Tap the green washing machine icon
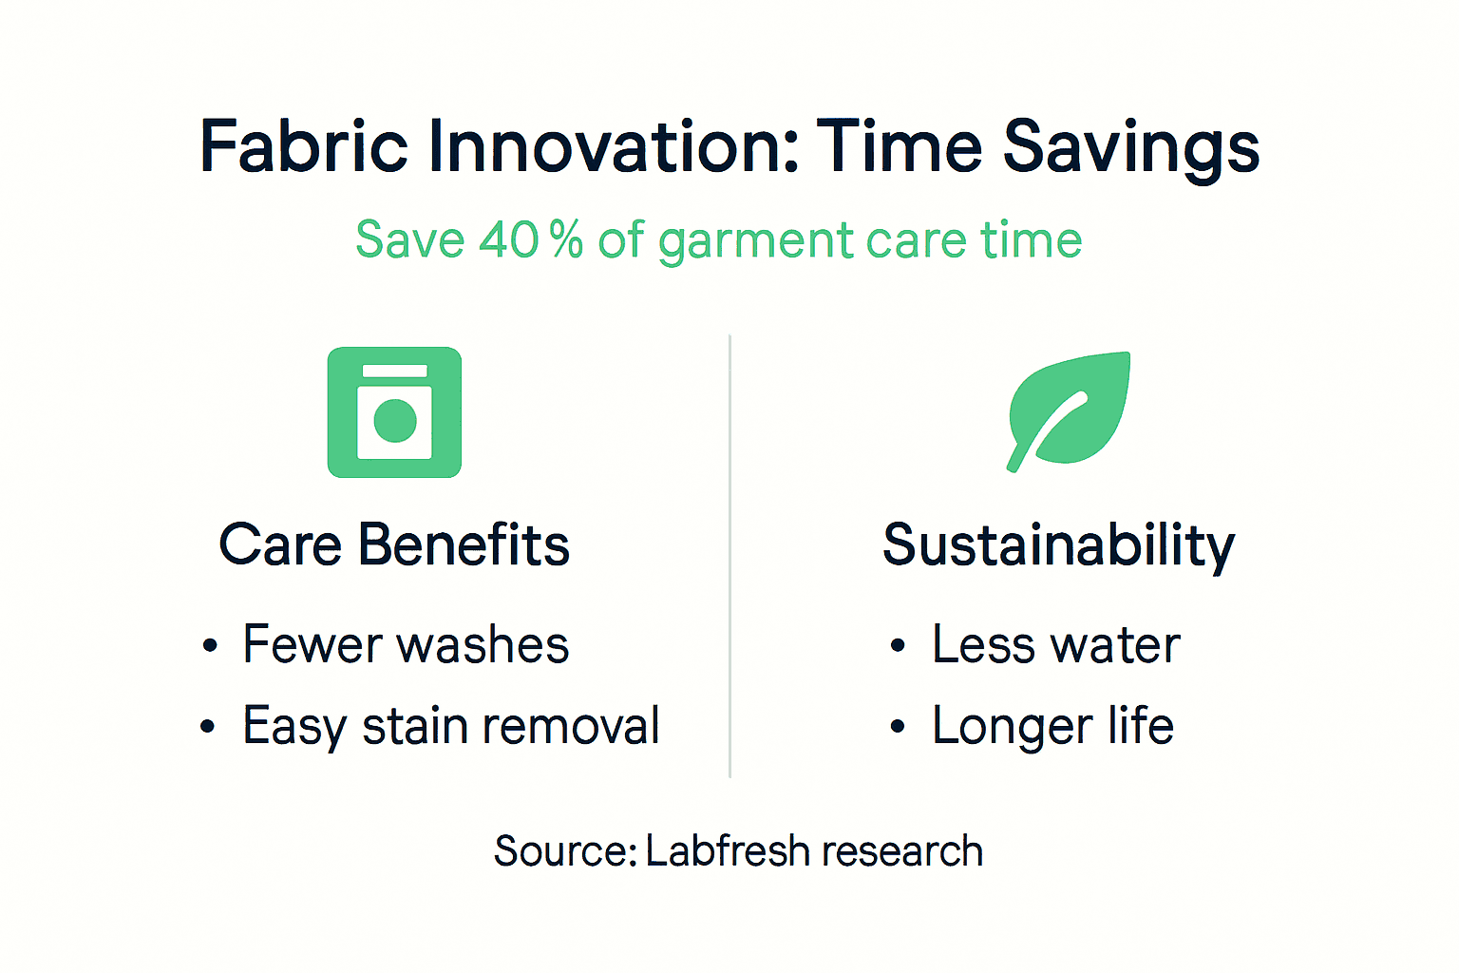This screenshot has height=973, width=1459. pos(394,412)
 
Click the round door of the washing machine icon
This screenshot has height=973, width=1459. pos(395,421)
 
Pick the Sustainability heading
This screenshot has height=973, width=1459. pos(1058,546)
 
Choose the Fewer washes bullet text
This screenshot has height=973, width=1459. pos(406,645)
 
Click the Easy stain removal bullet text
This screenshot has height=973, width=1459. pos(451,727)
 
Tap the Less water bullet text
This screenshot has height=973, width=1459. pos(1055,645)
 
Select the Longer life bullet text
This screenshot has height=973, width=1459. pos(1052,727)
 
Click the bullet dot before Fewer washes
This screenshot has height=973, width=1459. pos(210,647)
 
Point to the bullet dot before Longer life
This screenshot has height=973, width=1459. pos(898,728)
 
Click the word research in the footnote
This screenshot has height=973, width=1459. pos(902,851)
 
